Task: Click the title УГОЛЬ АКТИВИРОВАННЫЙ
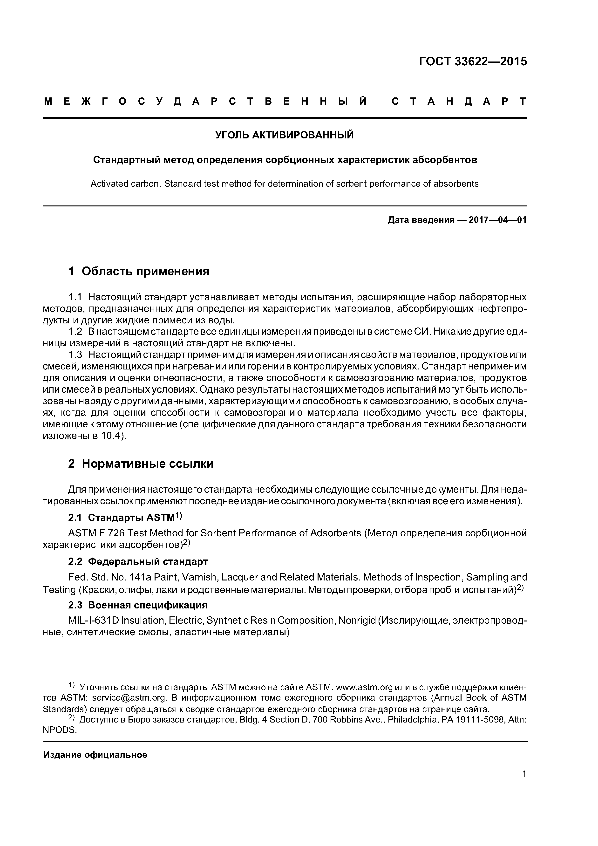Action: (285, 135)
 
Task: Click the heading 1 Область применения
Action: (139, 271)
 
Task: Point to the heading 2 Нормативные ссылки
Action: (141, 464)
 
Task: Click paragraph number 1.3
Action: (75, 355)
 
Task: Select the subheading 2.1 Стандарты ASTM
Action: (125, 518)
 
